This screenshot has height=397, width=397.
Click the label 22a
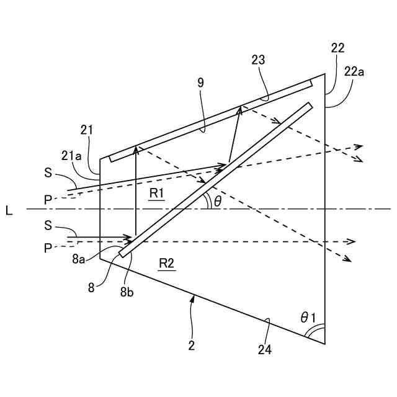[x=354, y=72]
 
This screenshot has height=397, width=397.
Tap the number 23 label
[x=259, y=60]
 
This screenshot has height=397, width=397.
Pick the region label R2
[x=166, y=264]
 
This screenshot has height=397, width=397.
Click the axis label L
[x=9, y=211]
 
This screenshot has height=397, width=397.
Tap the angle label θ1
[x=308, y=318]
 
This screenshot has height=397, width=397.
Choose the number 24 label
[x=265, y=350]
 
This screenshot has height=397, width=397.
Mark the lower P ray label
[x=48, y=248]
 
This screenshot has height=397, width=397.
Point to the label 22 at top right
[x=338, y=48]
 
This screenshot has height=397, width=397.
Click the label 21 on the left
[x=87, y=129]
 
